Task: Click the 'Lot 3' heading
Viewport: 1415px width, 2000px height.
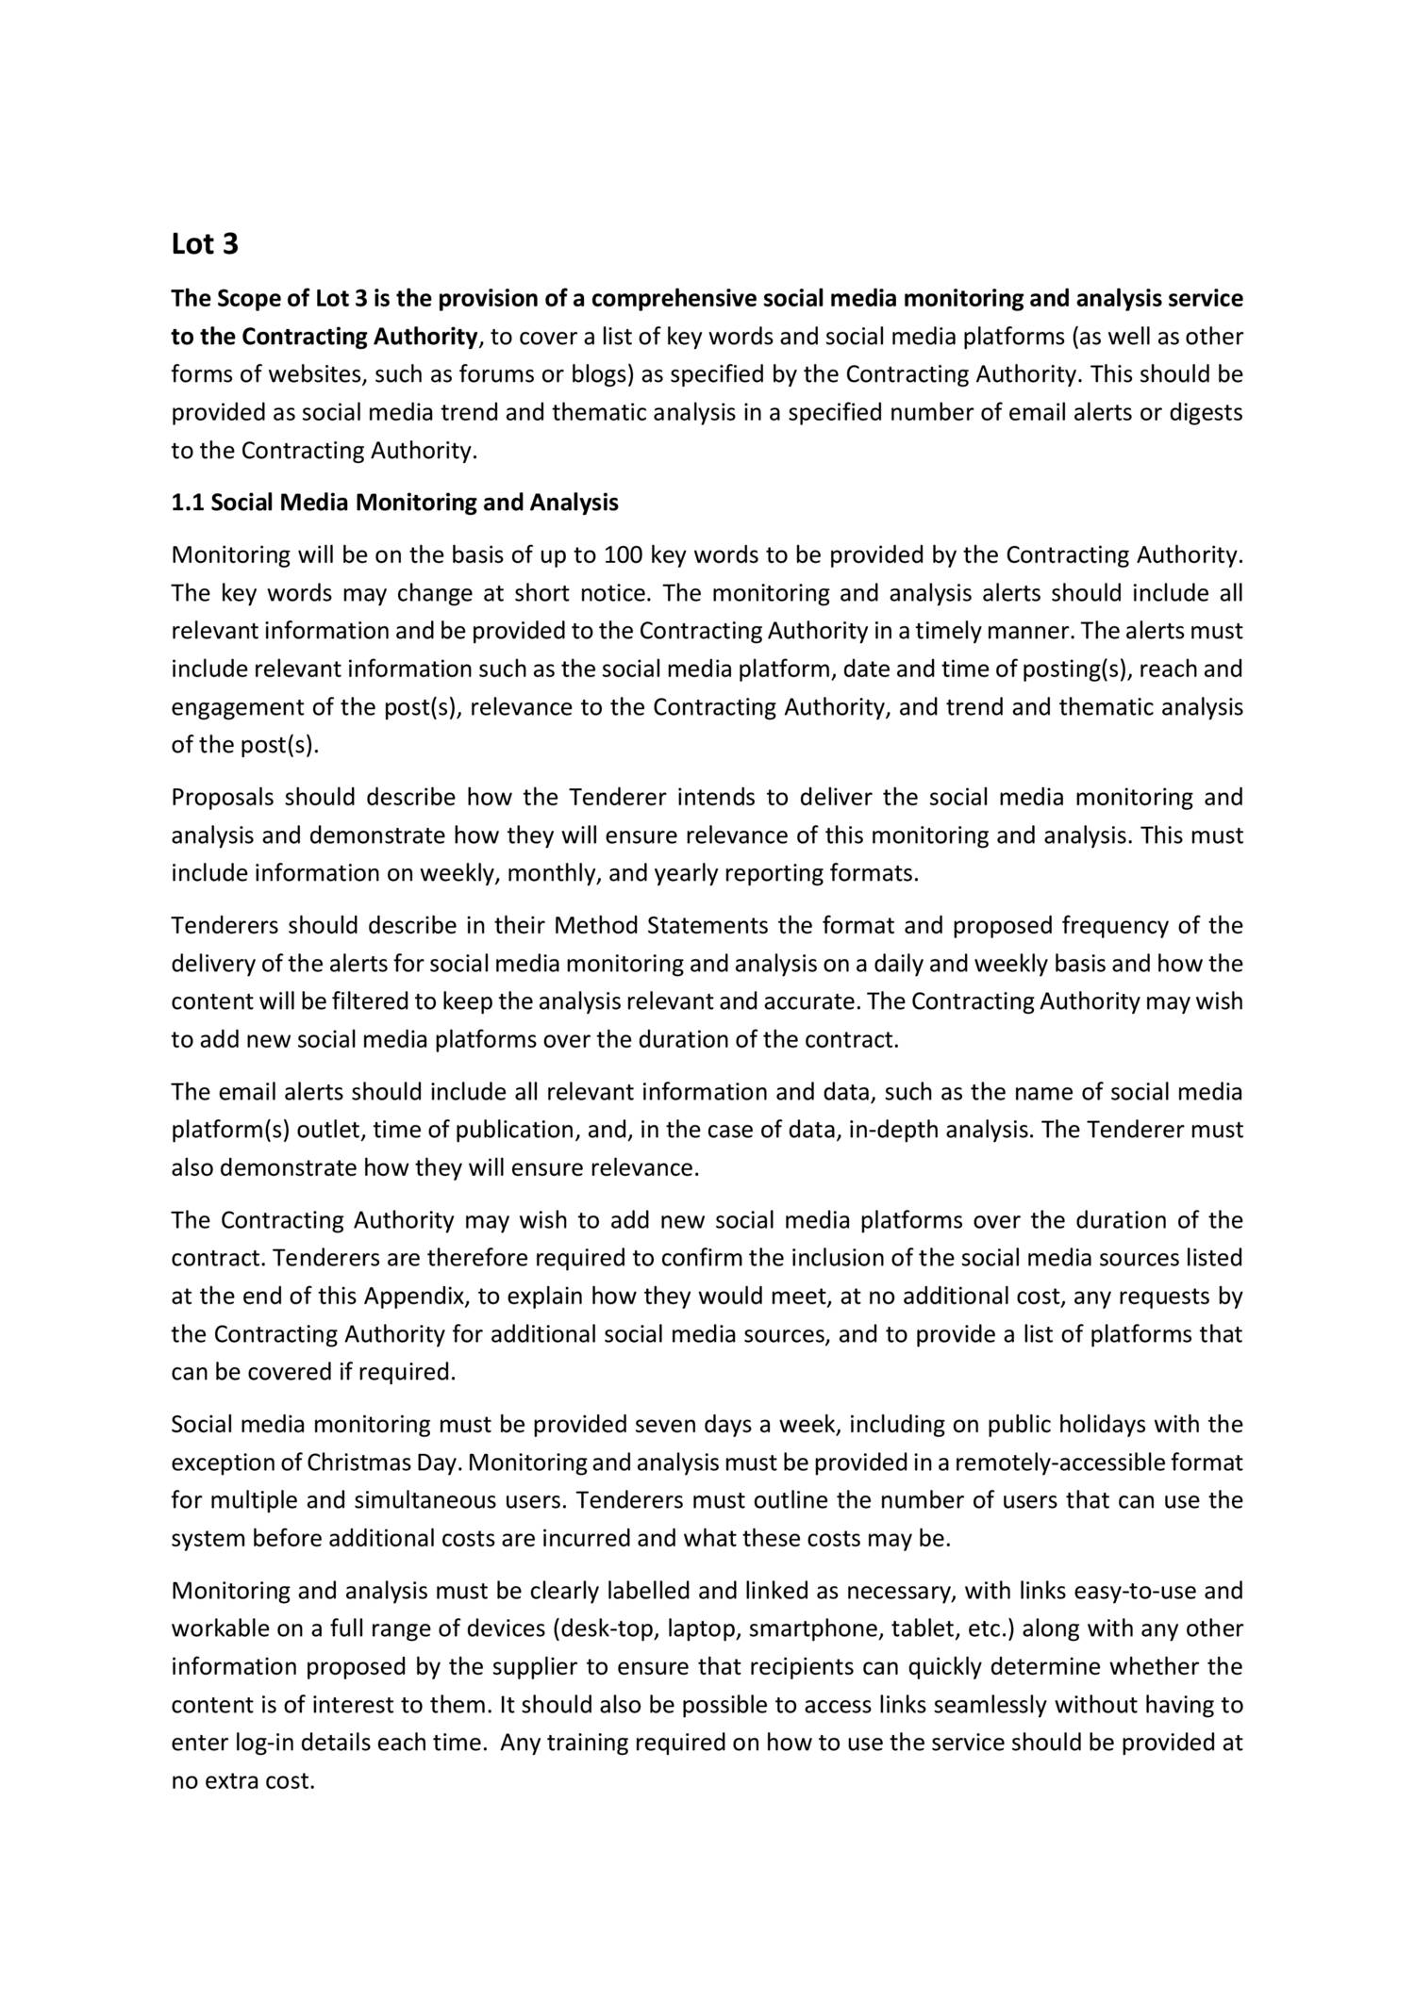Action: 205,244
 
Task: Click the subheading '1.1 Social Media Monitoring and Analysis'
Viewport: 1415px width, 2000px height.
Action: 394,503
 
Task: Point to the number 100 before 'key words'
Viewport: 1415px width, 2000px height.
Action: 622,554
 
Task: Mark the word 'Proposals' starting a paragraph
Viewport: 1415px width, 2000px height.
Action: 222,798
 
